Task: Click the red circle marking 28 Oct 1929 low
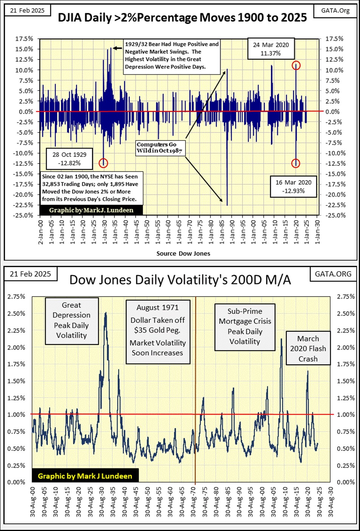coord(104,163)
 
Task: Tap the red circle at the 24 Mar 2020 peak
coord(296,65)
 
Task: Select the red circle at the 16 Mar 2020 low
coord(296,163)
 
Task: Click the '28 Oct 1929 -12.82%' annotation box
coord(69,159)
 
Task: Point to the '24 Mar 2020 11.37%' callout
coord(270,49)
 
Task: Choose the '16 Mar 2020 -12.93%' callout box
coord(293,187)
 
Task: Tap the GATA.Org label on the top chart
coord(335,11)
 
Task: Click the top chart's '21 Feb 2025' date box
coord(27,11)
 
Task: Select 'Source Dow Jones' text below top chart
coord(183,253)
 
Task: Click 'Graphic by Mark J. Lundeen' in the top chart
coord(91,210)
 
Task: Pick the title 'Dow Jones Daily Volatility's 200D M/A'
coord(180,280)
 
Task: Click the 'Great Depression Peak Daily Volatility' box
coord(71,320)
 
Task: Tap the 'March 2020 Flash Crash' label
coord(308,349)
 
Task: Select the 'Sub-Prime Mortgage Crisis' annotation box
coord(245,326)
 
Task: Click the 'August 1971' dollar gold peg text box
coord(158,330)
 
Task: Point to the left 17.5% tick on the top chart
coord(24,39)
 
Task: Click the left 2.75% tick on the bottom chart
coord(16,296)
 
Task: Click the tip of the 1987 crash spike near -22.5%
coord(227,205)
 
